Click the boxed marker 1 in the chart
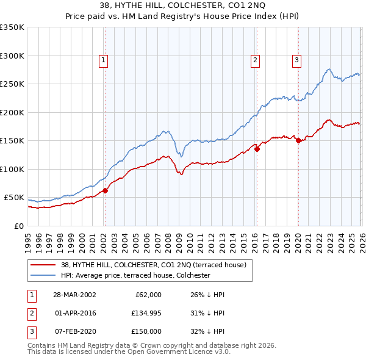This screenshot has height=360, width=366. coord(104,60)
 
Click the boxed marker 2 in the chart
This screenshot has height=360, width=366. coord(254,60)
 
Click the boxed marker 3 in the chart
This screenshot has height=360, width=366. coord(296,60)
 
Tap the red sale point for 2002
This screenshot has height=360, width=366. coord(105,190)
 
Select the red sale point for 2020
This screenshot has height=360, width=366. coord(298,140)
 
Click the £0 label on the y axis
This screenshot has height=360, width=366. coord(18,226)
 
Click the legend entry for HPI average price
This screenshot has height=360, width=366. coord(135,275)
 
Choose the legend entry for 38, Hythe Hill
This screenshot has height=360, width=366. coord(153,265)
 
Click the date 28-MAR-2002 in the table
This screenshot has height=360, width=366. coord(74,295)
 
